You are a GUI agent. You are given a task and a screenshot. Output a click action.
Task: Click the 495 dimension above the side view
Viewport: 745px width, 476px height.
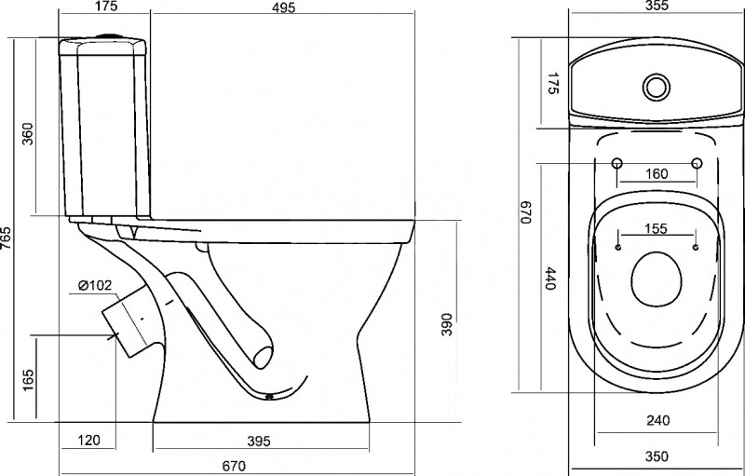point(284,7)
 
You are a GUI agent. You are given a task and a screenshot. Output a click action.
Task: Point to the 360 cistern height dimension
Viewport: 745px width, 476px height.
point(28,133)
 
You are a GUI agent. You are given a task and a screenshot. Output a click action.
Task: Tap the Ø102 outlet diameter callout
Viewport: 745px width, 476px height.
point(95,285)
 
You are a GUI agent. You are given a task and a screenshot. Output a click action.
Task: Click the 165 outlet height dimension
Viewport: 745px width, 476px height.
point(28,380)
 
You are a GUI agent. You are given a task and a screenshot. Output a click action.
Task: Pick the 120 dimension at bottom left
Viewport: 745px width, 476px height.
point(88,441)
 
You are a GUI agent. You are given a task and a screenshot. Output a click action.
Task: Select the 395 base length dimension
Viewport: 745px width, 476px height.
point(259,442)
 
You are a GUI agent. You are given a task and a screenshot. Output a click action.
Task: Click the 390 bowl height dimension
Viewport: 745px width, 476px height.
point(447,324)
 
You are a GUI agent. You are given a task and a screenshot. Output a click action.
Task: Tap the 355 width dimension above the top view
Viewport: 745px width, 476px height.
point(657,6)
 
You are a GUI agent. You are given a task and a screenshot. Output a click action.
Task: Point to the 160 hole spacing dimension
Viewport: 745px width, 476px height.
point(657,174)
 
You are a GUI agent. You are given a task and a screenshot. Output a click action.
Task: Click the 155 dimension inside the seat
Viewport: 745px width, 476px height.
point(656,228)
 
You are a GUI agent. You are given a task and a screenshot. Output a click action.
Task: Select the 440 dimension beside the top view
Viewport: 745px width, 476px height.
point(550,279)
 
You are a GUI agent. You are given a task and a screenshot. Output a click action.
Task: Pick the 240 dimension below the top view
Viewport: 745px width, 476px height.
point(658,420)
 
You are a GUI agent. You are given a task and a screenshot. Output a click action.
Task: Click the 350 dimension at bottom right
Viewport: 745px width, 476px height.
point(657,456)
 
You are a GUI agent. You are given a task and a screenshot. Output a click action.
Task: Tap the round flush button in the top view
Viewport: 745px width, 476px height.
point(657,88)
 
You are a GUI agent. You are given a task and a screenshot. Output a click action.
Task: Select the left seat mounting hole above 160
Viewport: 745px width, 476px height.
point(616,163)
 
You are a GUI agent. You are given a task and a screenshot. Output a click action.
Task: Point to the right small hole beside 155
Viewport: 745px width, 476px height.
point(696,248)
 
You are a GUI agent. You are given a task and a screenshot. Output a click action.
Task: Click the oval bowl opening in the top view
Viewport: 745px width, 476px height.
point(657,279)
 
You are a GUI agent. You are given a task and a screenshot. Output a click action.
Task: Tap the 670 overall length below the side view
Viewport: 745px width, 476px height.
point(235,466)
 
